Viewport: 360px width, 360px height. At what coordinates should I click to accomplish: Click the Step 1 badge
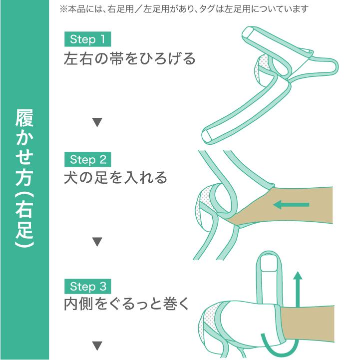coord(87,39)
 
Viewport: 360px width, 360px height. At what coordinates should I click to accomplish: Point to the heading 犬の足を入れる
coord(115,178)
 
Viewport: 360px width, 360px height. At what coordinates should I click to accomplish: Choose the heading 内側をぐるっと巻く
coord(126,305)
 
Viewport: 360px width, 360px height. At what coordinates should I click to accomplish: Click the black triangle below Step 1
coord(98,122)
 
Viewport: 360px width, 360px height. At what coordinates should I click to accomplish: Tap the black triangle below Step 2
coord(98,243)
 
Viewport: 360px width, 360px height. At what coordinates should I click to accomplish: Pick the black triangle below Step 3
coord(98,345)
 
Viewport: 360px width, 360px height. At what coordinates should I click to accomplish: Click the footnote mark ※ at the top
coord(63,9)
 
